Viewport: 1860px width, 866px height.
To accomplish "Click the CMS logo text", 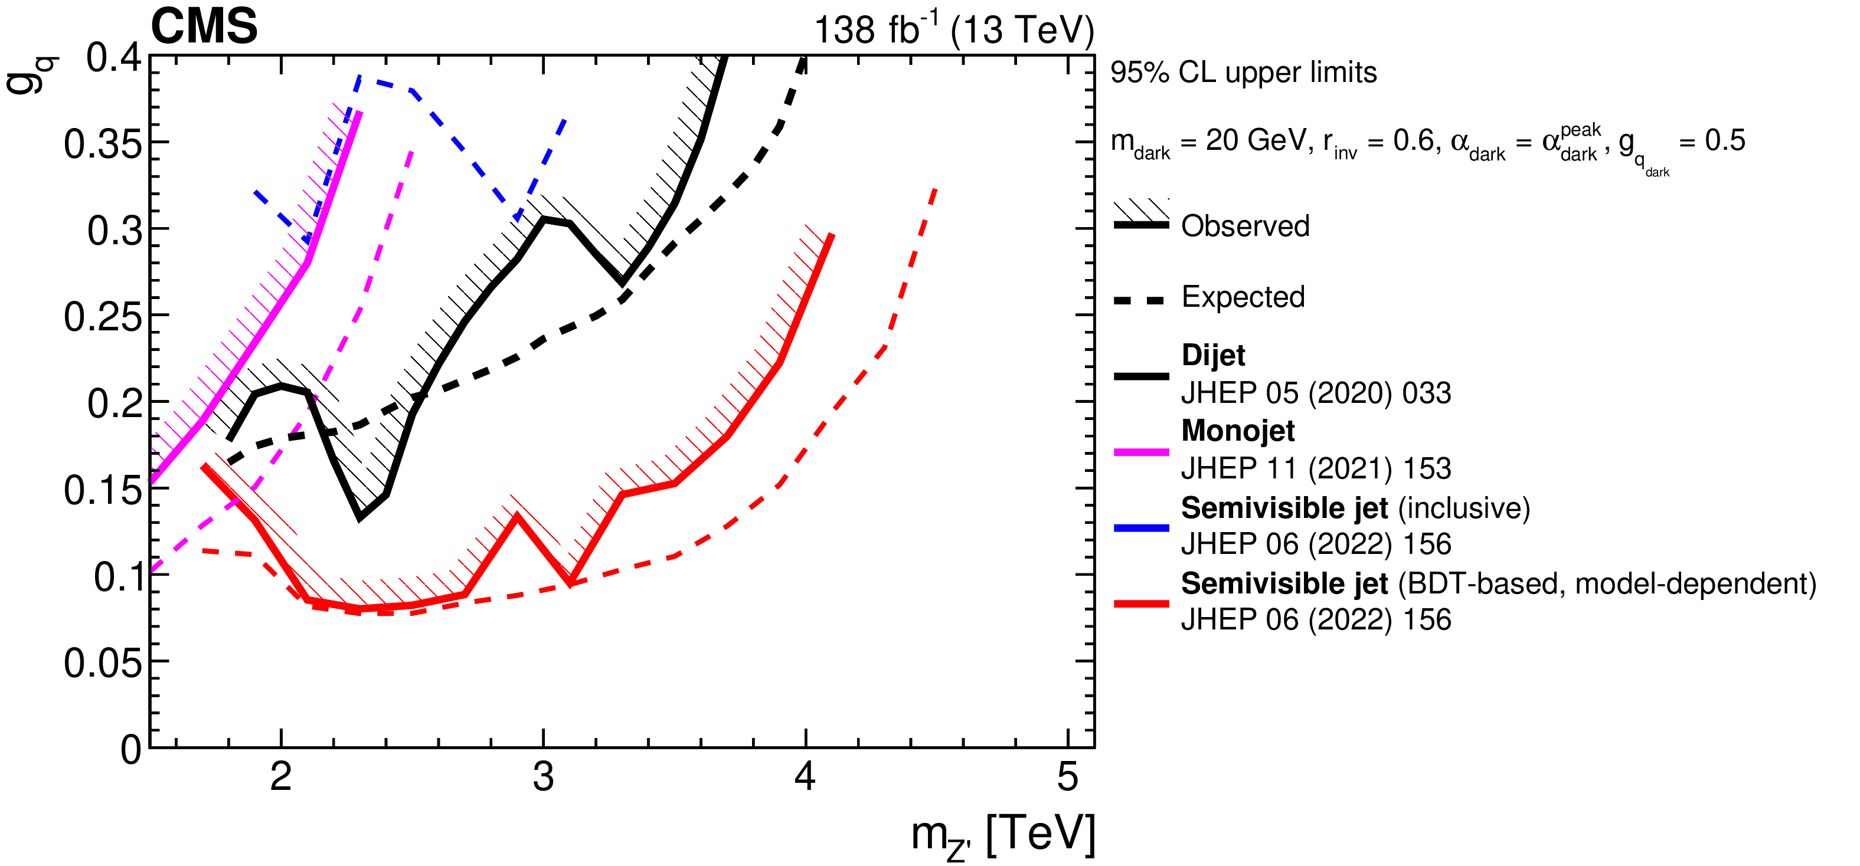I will coord(204,27).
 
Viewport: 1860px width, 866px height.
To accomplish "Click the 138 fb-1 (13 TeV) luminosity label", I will coord(953,30).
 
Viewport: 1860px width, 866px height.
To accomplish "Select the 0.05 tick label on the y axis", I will coord(103,662).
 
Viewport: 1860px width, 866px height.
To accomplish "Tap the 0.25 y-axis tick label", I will coord(103,317).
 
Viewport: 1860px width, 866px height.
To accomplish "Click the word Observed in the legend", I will coord(1245,227).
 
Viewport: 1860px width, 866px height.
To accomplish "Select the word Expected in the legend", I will coord(1243,297).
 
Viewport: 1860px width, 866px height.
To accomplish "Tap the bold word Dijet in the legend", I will coord(1213,355).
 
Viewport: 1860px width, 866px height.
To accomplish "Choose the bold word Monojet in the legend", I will coord(1238,431).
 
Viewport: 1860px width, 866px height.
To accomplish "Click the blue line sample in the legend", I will coord(1141,528).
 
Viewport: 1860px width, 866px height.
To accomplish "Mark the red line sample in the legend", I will coord(1141,603).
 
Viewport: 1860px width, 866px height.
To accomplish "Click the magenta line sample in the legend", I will coord(1141,452).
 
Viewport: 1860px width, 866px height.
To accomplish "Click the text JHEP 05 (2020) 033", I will coord(1316,393).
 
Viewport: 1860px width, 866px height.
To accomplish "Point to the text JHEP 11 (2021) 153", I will coord(1316,469).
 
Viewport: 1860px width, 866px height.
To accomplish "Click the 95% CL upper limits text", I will coord(1243,73).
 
